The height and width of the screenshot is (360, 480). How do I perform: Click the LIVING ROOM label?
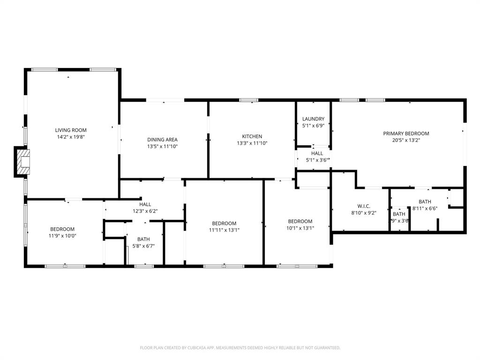[x=71, y=130]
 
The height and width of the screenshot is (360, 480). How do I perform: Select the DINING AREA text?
[x=162, y=140]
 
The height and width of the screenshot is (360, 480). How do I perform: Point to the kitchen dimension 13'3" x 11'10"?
[x=252, y=143]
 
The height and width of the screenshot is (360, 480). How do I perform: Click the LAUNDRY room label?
[x=313, y=119]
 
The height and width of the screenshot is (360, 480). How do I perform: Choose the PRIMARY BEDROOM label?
[x=406, y=134]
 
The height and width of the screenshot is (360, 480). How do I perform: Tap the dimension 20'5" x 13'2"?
[x=406, y=140]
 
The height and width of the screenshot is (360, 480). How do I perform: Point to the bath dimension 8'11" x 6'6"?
[x=425, y=208]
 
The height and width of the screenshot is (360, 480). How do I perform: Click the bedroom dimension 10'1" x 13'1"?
[x=300, y=228]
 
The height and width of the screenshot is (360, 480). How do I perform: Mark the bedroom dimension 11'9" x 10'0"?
[x=62, y=236]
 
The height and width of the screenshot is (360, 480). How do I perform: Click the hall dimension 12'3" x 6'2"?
[x=145, y=211]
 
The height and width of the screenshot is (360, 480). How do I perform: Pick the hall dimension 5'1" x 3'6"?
[x=317, y=160]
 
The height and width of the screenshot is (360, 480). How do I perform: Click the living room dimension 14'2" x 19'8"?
[x=71, y=137]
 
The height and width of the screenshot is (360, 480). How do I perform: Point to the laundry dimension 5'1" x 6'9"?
[x=313, y=126]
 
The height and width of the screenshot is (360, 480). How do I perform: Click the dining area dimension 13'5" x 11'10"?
[x=162, y=146]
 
